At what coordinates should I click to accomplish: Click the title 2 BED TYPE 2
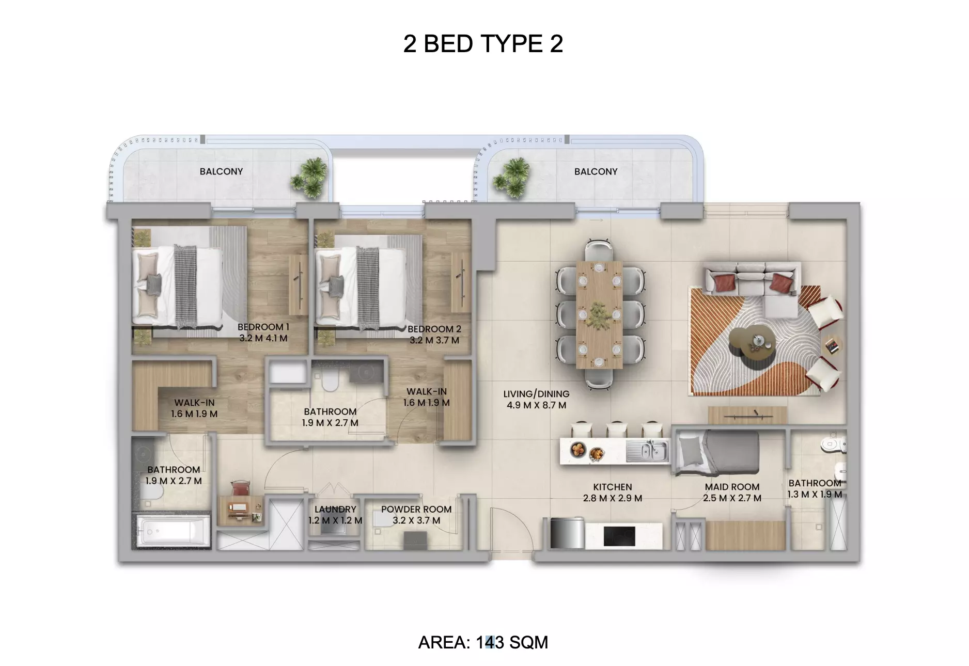click(x=483, y=44)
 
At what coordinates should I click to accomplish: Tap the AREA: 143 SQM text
click(x=483, y=642)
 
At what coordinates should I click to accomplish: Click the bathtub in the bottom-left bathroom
click(x=174, y=531)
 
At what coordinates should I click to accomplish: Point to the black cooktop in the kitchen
click(x=619, y=535)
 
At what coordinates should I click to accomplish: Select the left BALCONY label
click(x=221, y=171)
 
